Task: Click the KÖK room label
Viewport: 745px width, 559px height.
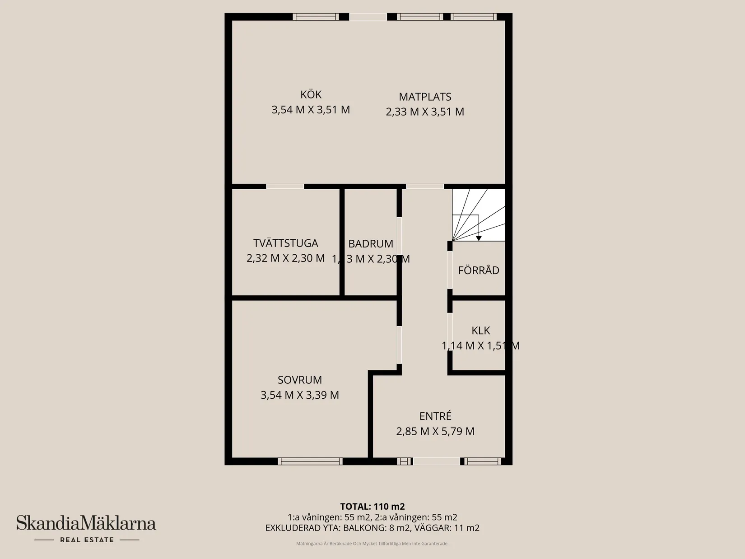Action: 311,95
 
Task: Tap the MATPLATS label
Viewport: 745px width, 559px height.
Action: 425,97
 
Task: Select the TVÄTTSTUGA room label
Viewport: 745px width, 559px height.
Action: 286,243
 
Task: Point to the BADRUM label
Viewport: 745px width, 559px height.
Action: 371,244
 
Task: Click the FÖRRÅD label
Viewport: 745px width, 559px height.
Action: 479,270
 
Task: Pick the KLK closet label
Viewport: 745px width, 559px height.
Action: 480,331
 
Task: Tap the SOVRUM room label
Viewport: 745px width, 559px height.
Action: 300,380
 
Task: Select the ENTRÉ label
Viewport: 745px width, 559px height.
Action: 435,416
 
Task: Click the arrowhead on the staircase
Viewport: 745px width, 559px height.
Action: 479,238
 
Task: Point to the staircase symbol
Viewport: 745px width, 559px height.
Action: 479,214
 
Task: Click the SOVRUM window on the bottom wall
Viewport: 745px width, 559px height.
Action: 310,461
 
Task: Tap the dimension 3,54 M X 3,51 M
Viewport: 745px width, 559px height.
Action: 311,110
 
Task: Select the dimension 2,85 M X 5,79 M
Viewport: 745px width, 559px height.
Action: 435,432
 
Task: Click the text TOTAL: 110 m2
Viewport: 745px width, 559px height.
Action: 372,507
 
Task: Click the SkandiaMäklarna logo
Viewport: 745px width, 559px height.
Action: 86,524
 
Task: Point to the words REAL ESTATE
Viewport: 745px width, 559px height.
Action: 87,540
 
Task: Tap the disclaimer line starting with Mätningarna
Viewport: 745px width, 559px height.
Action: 372,544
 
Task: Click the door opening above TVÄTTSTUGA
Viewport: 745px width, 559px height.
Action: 285,186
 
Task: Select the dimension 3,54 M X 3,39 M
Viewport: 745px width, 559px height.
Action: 300,395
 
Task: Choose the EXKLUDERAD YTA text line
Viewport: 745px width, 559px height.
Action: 372,528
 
